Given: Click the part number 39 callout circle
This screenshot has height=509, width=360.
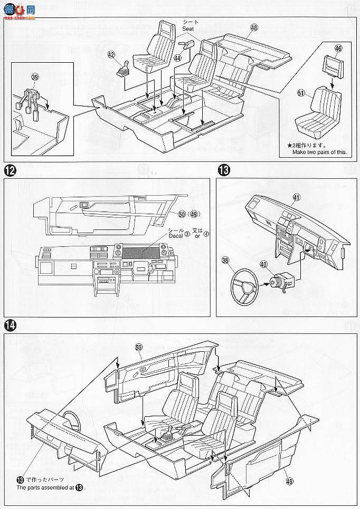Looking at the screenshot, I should (35, 77).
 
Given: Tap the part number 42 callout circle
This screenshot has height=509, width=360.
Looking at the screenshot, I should (111, 54).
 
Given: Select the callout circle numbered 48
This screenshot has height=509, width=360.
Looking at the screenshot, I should (254, 27).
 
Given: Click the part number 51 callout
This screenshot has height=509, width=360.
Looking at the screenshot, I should (301, 93).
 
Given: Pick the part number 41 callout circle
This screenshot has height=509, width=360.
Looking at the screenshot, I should (296, 197).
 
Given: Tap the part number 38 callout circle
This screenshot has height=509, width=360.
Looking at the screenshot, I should (226, 260).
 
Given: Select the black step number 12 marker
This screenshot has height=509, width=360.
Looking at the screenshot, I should (10, 170).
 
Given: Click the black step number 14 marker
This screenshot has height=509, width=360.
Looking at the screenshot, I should (10, 324).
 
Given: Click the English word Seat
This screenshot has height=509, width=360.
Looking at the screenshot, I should (189, 28).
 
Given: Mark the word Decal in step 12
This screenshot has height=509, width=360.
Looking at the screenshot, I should (175, 236).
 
